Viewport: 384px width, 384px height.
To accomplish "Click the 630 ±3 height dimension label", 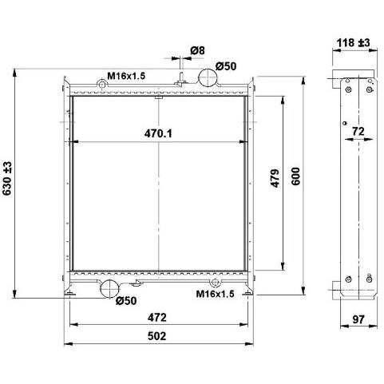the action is [x=7, y=178].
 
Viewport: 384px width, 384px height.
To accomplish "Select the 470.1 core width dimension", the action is [x=158, y=133].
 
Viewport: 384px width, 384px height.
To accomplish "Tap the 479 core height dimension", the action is [x=275, y=178].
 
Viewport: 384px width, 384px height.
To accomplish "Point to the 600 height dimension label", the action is [x=295, y=176].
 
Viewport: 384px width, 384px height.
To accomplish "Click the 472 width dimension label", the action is [x=157, y=317].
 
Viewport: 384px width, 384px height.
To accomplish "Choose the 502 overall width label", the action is [x=157, y=336].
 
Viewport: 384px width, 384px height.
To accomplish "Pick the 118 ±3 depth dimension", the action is [x=353, y=42].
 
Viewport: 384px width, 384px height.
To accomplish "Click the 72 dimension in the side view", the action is [x=358, y=131].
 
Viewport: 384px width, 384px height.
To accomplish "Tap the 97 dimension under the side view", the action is [x=358, y=319].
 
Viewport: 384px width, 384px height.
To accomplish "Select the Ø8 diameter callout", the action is [x=198, y=50].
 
